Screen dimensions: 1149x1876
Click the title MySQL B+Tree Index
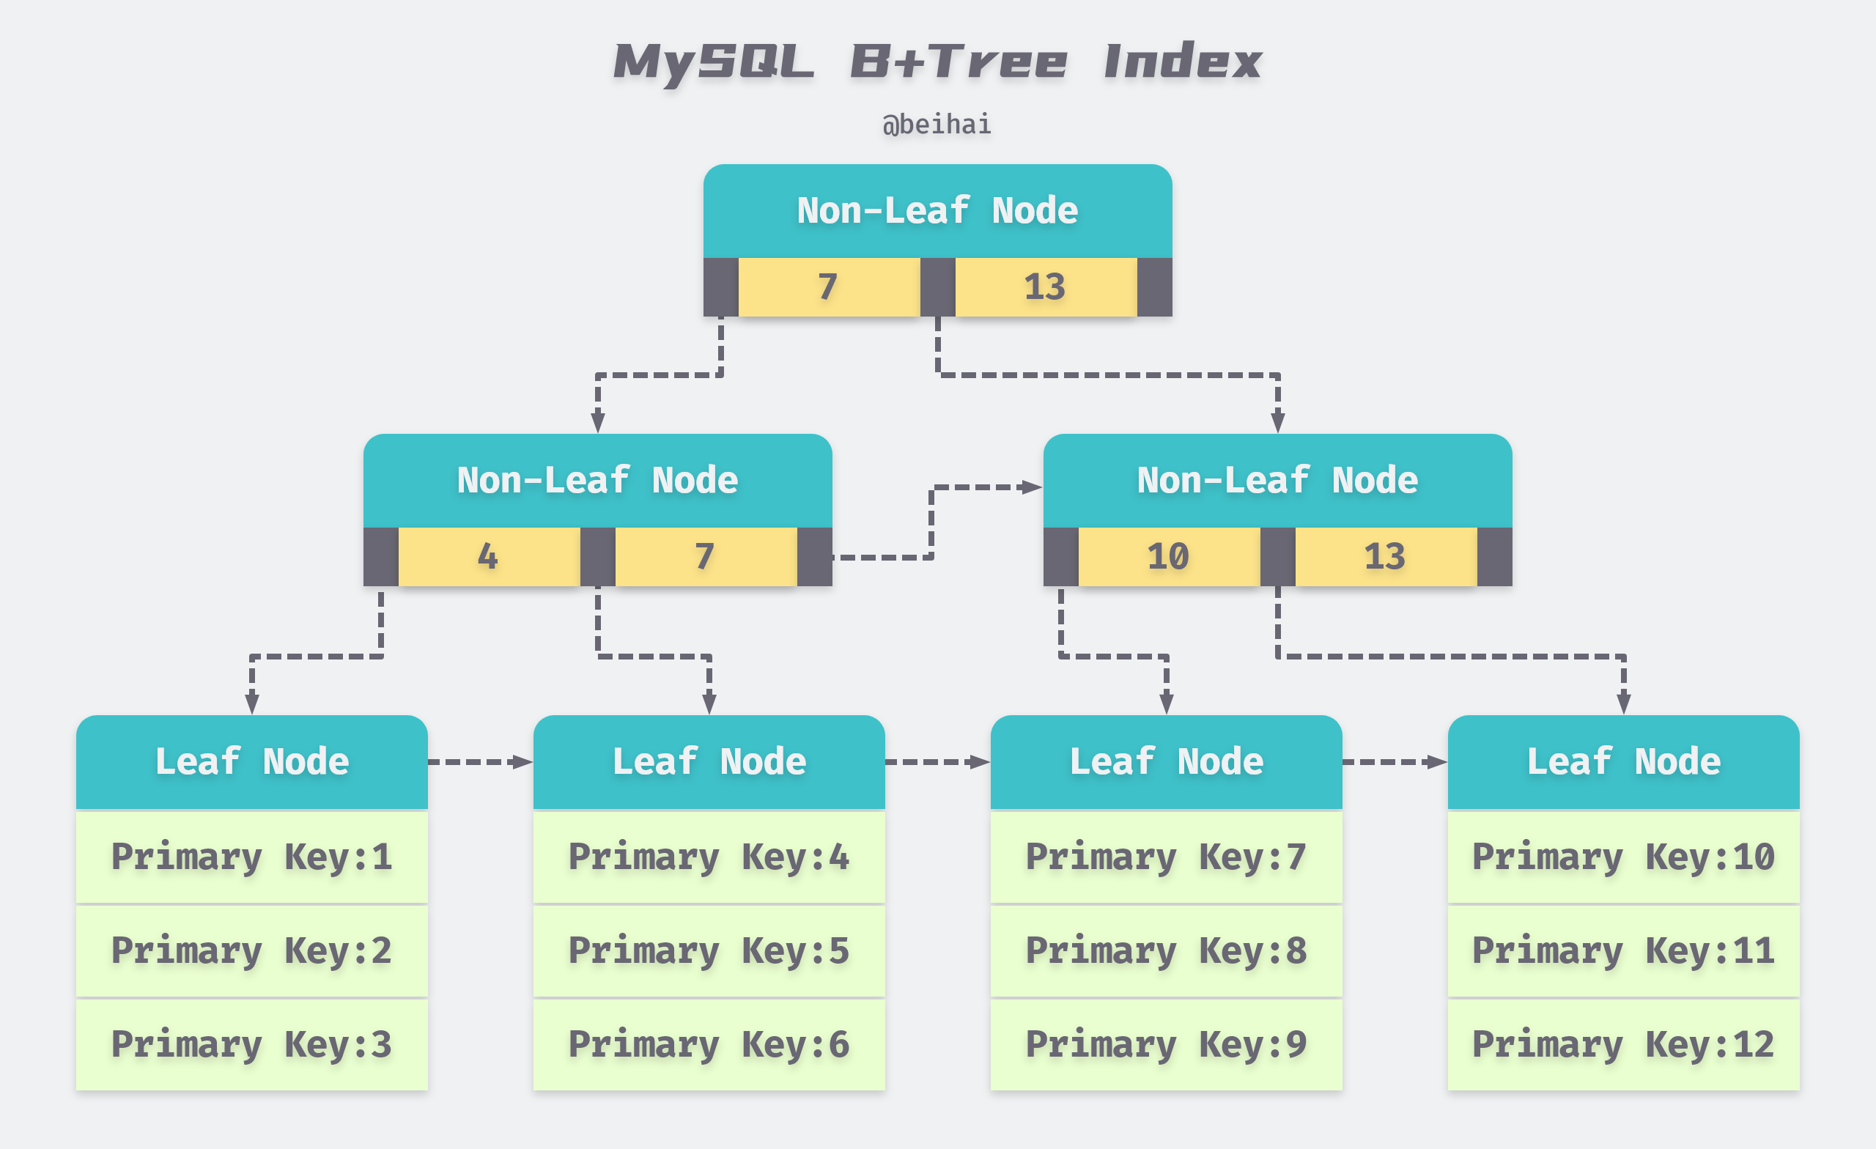pyautogui.click(x=937, y=62)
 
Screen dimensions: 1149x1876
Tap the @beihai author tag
pyautogui.click(x=937, y=124)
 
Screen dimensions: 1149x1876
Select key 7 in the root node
pyautogui.click(x=828, y=287)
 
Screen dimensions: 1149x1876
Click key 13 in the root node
pyautogui.click(x=1045, y=287)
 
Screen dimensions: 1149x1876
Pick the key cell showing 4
pyautogui.click(x=488, y=557)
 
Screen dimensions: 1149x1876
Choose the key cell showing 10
pyautogui.click(x=1169, y=557)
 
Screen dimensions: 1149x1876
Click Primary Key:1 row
pyautogui.click(x=251, y=857)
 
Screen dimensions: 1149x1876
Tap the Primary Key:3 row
pyautogui.click(x=251, y=1044)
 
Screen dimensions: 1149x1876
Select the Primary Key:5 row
pyautogui.click(x=709, y=950)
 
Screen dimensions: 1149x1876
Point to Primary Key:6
pyautogui.click(x=709, y=1044)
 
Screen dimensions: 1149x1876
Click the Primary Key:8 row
pyautogui.click(x=1166, y=950)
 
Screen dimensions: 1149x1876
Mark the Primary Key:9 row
pyautogui.click(x=1166, y=1044)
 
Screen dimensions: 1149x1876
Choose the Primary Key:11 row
pyautogui.click(x=1623, y=950)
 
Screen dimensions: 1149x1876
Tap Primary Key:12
pyautogui.click(x=1623, y=1044)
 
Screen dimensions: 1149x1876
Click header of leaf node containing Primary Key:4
pyautogui.click(x=709, y=761)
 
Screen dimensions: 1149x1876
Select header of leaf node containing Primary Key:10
pyautogui.click(x=1623, y=761)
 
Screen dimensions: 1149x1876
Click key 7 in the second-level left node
pyautogui.click(x=705, y=557)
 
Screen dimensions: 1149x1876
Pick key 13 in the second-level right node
pyautogui.click(x=1386, y=557)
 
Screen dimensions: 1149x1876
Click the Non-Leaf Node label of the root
pyautogui.click(x=937, y=211)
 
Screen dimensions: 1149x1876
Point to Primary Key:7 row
pyautogui.click(x=1166, y=857)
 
